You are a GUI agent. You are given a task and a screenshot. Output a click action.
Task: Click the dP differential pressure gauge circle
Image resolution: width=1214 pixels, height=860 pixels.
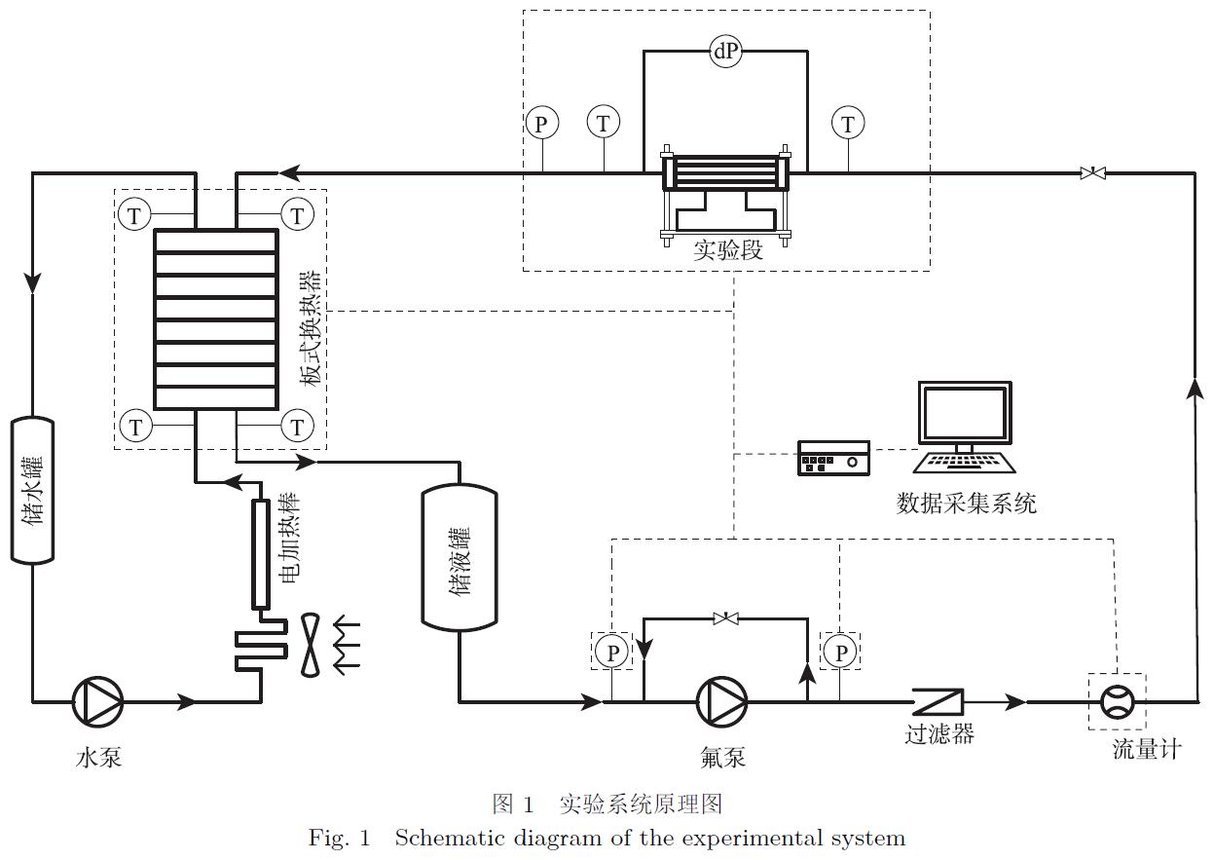(x=725, y=53)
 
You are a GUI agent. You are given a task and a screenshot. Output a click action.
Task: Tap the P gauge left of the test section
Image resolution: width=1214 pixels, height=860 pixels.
(x=541, y=124)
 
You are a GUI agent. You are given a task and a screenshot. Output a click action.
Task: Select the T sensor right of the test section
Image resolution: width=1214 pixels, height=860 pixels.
(x=848, y=124)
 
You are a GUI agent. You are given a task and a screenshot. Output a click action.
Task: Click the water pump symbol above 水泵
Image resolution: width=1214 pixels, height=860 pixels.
(x=98, y=700)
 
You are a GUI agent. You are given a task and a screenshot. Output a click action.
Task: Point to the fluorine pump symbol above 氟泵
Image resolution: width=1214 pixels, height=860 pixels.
(x=721, y=700)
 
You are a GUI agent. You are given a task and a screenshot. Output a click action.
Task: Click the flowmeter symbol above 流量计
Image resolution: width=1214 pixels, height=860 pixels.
(x=1117, y=700)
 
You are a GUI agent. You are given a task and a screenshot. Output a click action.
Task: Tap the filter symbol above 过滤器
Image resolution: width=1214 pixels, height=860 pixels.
(x=938, y=700)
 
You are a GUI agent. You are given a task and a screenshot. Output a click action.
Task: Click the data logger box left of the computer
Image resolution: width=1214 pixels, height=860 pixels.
(x=833, y=458)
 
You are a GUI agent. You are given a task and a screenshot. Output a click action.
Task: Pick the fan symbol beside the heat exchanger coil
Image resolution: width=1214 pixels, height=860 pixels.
(x=311, y=644)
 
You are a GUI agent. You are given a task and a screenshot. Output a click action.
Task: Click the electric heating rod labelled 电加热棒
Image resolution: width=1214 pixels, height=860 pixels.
(x=260, y=552)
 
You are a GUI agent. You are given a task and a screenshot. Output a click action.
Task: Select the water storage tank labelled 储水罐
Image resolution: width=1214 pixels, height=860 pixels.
(x=32, y=491)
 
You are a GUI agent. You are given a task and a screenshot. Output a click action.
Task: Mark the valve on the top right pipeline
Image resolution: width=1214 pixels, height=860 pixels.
(x=1093, y=173)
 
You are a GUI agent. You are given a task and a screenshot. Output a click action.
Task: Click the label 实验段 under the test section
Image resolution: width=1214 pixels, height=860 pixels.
(x=727, y=250)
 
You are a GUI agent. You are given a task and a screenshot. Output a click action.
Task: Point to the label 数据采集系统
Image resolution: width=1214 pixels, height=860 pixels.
(x=966, y=504)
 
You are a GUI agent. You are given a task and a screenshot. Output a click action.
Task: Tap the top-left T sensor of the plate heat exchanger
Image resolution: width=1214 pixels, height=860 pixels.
(x=134, y=214)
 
